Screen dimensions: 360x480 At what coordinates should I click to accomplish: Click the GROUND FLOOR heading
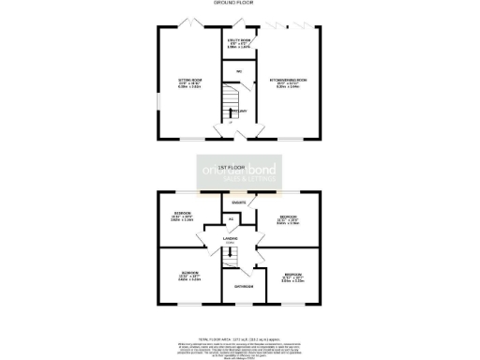pos(240,5)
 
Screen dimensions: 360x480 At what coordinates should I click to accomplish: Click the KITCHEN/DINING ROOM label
pos(290,82)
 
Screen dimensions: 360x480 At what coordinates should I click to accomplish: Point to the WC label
pos(239,71)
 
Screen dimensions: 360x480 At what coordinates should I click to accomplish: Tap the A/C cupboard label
pos(232,219)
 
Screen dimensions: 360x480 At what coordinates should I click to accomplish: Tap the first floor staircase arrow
pos(241,258)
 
